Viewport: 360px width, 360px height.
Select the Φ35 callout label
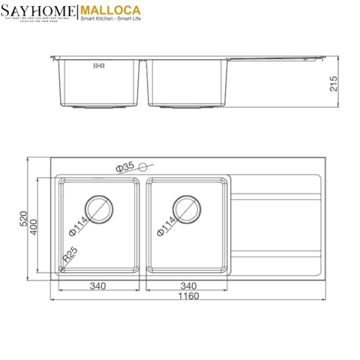124,166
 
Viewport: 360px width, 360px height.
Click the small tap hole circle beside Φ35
145,166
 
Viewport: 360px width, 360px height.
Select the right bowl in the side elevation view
187,82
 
